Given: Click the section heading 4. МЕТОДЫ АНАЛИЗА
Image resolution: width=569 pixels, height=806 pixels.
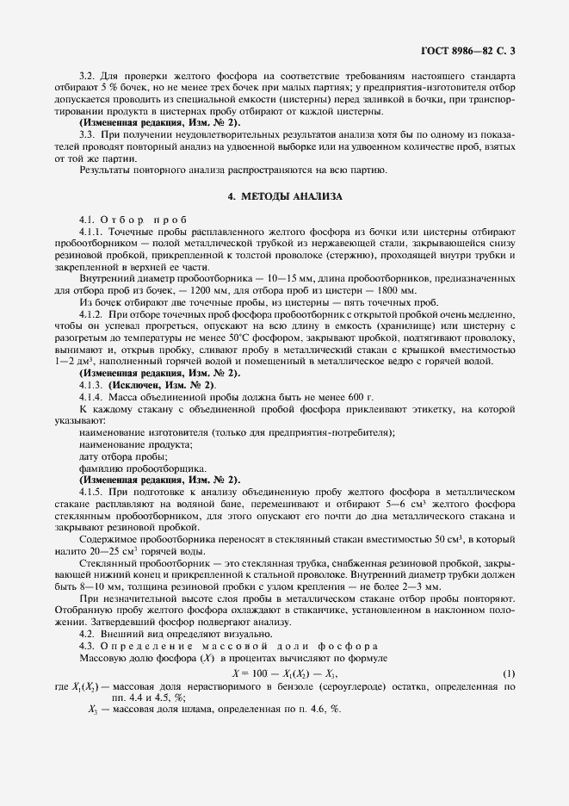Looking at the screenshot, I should (x=285, y=196).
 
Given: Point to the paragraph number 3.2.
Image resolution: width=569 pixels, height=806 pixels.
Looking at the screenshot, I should (x=86, y=75).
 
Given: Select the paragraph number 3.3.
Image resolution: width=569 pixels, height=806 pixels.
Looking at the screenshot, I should (x=86, y=134).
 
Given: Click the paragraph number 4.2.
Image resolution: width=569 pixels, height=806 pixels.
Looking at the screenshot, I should (x=86, y=634).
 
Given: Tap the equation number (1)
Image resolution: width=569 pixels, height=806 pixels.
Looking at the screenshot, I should (x=509, y=672).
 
